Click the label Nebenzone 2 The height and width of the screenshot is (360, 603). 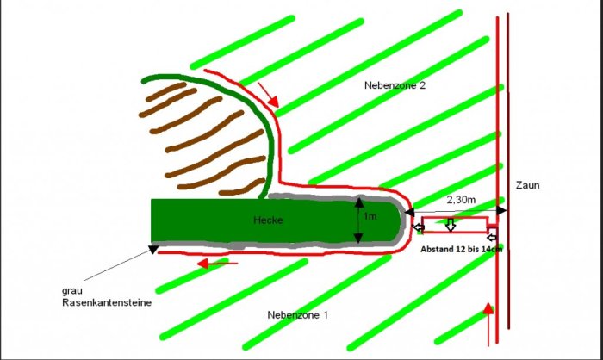(x=395, y=86)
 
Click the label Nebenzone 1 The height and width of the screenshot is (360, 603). (x=298, y=315)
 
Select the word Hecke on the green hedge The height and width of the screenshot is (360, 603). (x=268, y=220)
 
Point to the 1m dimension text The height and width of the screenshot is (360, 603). (x=370, y=216)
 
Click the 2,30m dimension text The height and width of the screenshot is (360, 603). (x=461, y=199)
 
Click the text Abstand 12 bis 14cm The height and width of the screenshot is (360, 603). (x=461, y=249)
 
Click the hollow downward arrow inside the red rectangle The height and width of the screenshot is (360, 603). (x=450, y=227)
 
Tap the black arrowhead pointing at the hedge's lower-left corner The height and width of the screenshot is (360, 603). (x=153, y=250)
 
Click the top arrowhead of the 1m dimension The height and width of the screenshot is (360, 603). (x=357, y=202)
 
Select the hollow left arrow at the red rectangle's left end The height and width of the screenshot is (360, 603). (x=418, y=227)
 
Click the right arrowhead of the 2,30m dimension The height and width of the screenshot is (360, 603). (x=503, y=211)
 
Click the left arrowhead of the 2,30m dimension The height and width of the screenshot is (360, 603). (x=410, y=211)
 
